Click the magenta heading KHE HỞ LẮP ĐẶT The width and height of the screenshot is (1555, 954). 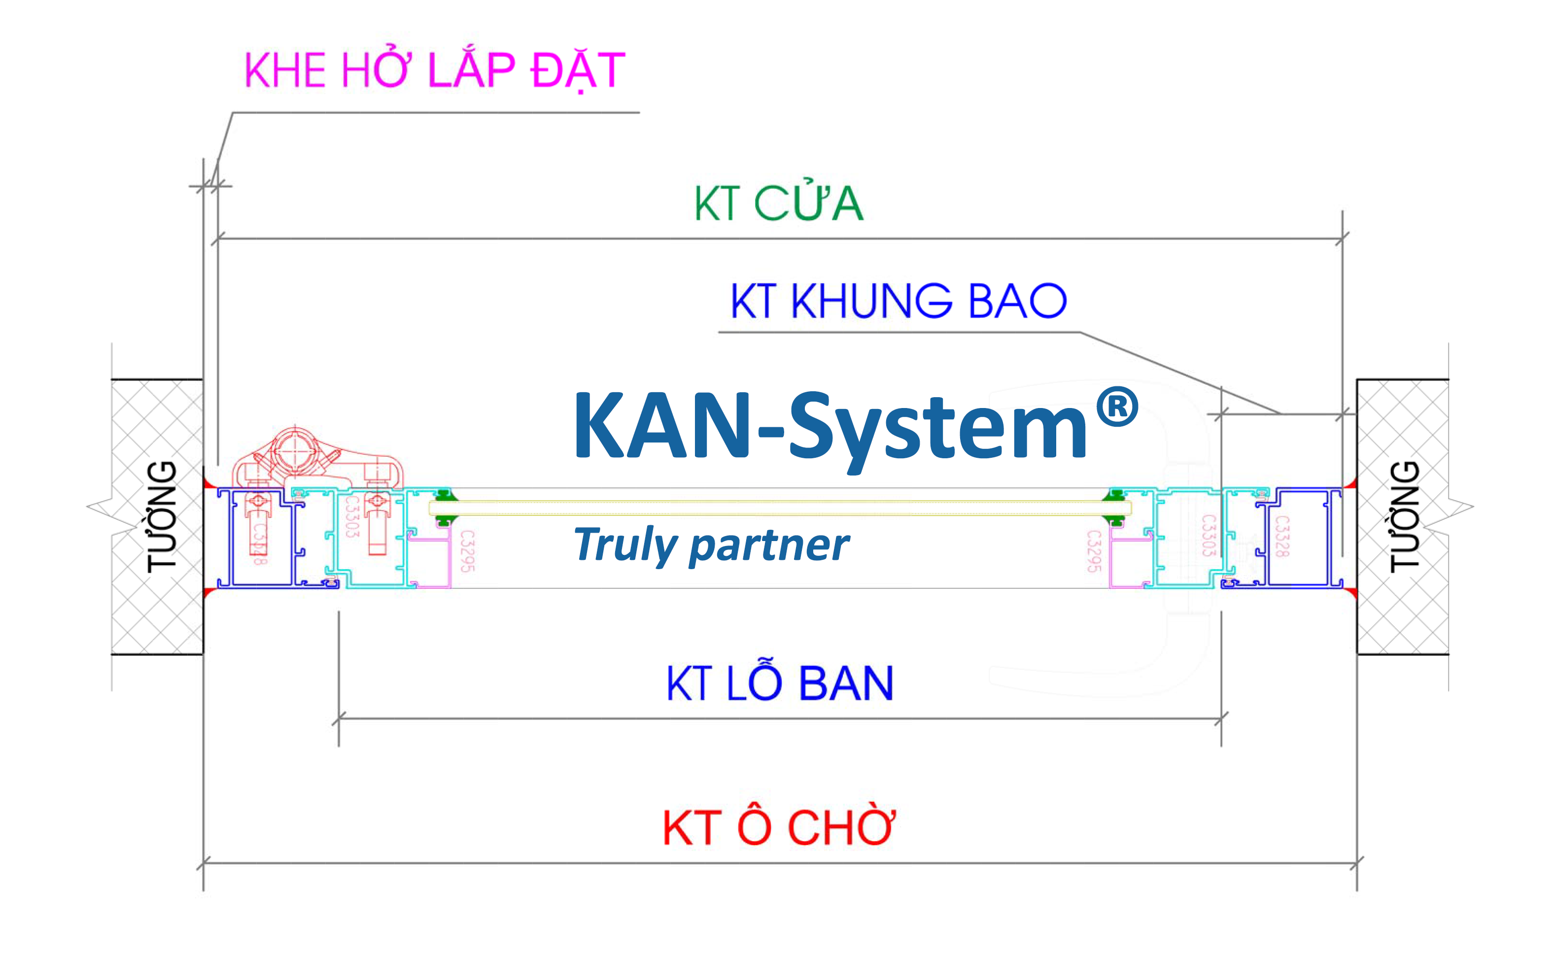click(434, 70)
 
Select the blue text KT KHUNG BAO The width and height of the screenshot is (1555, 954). click(898, 301)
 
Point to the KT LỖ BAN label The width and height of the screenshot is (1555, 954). click(779, 683)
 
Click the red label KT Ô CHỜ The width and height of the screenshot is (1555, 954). click(779, 828)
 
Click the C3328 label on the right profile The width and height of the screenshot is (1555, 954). click(1282, 536)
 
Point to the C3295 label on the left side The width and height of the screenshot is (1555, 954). click(467, 551)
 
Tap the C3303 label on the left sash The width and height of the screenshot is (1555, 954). click(352, 516)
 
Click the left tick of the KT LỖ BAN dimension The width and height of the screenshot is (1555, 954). click(339, 718)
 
